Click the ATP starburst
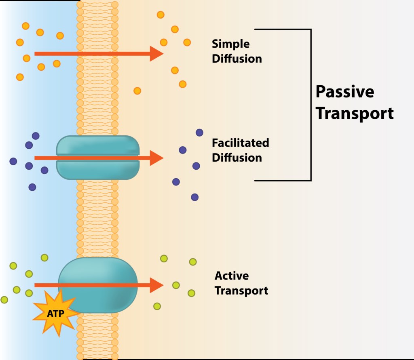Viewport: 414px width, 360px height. pos(56,313)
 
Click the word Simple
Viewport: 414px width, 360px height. pos(230,44)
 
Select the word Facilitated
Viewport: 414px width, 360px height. pos(241,143)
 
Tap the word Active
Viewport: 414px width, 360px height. pos(232,276)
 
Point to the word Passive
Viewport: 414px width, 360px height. pos(345,92)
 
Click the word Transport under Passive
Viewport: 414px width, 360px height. pos(355,113)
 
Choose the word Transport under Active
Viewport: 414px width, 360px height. pos(241,291)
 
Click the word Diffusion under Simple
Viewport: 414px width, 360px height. pos(237,59)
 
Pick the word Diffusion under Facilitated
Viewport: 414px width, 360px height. pos(237,158)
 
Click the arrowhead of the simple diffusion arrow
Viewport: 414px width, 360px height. pos(156,54)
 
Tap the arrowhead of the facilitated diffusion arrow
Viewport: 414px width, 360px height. pos(156,158)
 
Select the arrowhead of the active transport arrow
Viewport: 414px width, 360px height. pos(156,285)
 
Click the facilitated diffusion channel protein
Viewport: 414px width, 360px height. pos(98,158)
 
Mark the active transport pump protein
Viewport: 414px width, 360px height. pos(98,285)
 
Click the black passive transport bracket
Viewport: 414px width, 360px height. pos(311,105)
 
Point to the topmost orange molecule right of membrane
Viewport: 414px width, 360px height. pos(161,15)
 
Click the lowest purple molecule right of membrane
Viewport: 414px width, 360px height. pos(194,197)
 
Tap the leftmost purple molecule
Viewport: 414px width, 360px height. pos(13,161)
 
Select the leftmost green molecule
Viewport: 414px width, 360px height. pos(4,300)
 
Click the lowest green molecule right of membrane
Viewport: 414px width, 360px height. pos(157,306)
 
